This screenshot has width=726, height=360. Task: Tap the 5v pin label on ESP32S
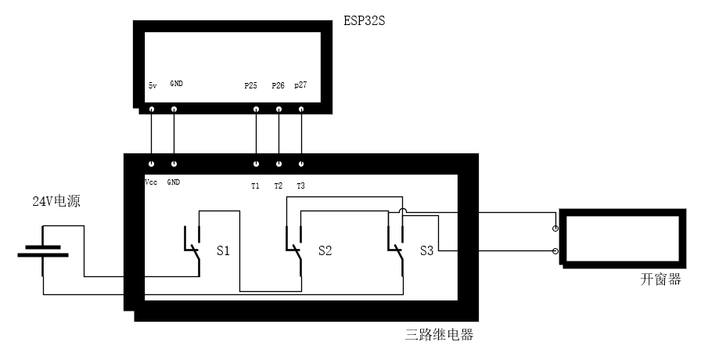(152, 85)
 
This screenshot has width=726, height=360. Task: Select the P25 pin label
(250, 85)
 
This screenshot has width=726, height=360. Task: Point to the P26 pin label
(278, 85)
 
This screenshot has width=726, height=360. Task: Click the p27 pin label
(300, 85)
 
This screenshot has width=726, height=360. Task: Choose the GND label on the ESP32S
(176, 84)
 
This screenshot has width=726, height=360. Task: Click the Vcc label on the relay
(151, 182)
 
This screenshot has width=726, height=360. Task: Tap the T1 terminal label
(255, 185)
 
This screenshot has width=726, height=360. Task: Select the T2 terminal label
(279, 185)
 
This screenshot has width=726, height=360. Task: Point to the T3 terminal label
(301, 185)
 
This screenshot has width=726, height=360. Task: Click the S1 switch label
(223, 251)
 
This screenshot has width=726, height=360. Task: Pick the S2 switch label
(325, 251)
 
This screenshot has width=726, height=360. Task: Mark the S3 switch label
(426, 251)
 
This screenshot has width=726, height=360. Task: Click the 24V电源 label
(56, 202)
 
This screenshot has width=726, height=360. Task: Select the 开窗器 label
(661, 279)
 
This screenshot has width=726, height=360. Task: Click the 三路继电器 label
(440, 335)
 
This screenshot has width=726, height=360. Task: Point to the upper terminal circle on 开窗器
(555, 229)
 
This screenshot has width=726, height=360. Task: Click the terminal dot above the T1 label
(255, 164)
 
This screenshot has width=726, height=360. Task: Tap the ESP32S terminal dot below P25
(255, 110)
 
